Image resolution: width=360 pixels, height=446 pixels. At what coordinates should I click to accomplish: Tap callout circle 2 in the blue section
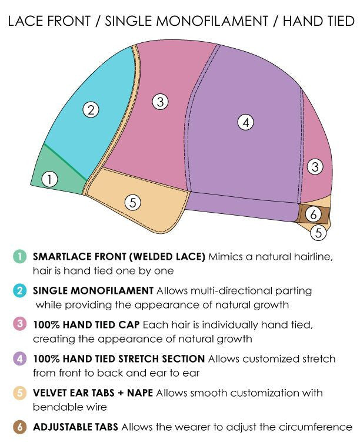[90, 109]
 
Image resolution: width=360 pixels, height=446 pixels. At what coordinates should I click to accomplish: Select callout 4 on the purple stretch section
[245, 122]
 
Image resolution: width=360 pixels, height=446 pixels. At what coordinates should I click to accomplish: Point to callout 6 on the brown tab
[314, 214]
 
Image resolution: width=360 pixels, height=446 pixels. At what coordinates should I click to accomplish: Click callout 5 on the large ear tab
[133, 203]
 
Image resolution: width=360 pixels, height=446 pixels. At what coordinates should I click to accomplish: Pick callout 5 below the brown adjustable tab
[318, 233]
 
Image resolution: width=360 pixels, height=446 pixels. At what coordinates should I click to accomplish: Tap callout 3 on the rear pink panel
[315, 167]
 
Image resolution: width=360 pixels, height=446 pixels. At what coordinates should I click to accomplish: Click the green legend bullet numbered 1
[19, 256]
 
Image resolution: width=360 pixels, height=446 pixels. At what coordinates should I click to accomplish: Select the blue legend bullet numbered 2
[19, 290]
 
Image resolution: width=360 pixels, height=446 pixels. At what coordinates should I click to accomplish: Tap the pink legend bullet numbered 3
[19, 324]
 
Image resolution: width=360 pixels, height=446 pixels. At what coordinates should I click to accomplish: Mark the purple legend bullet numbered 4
[19, 358]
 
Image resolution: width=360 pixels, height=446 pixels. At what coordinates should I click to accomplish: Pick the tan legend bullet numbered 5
[19, 393]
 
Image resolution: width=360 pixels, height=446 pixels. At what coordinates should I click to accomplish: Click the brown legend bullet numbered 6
[19, 427]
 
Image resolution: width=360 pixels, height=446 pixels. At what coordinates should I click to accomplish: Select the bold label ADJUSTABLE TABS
[75, 427]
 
